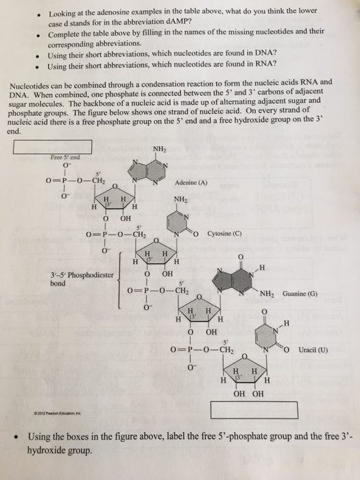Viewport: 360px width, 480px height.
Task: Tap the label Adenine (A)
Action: [x=191, y=183]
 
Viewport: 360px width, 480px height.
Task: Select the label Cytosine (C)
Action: [x=224, y=234]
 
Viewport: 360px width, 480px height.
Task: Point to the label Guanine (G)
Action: [x=300, y=294]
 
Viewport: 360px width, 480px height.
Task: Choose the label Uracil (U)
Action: [x=313, y=350]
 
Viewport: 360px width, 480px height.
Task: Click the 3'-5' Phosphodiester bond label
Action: [x=82, y=279]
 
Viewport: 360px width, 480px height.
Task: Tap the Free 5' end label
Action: [x=65, y=157]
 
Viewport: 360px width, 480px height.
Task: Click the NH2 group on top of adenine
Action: [x=160, y=149]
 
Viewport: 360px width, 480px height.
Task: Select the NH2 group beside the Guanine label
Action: [x=267, y=294]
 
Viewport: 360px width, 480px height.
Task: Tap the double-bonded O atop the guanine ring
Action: [x=241, y=256]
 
